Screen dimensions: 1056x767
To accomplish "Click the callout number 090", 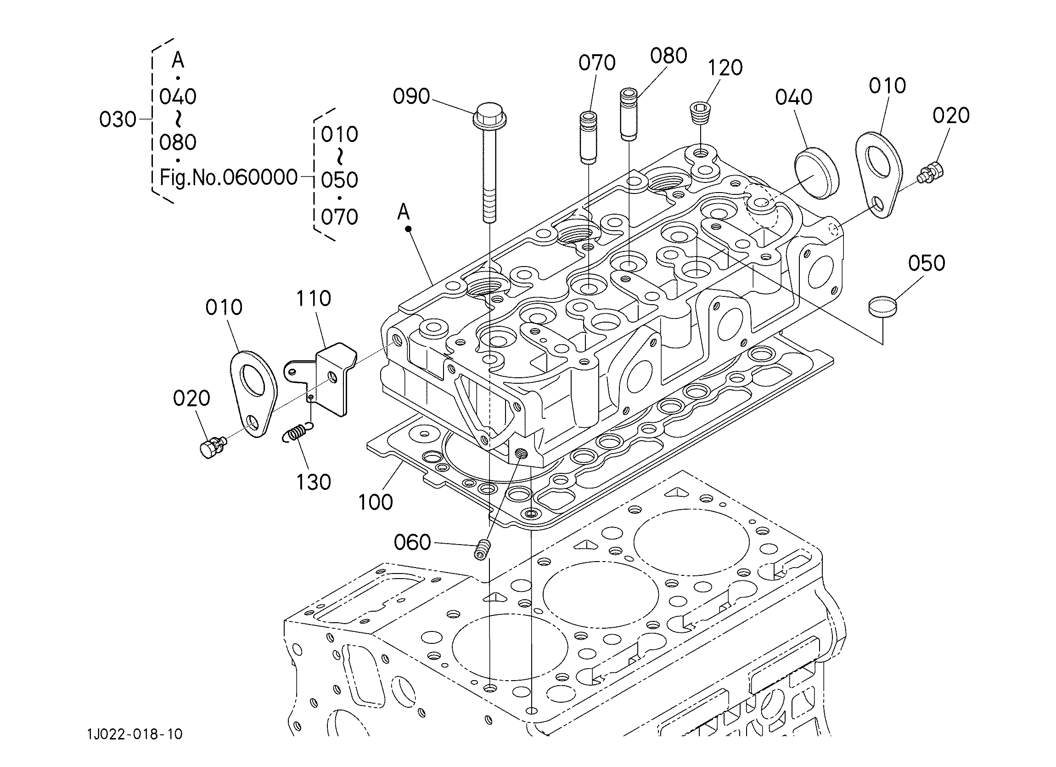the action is coord(411,97).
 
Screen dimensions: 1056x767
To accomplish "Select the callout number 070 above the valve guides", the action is coord(597,63).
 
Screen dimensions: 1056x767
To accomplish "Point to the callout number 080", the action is coord(668,56).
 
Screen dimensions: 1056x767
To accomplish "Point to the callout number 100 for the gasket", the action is coord(375,502).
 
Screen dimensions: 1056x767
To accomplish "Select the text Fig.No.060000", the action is coord(229,177).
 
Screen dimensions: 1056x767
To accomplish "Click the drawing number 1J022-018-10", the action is coord(135,735).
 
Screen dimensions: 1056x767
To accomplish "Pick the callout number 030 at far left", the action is coord(118,120).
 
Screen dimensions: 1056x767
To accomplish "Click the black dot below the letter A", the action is coord(408,229).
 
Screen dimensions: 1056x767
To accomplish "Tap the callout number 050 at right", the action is coord(927,263).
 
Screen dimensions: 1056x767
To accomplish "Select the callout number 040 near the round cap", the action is coord(794,97).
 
